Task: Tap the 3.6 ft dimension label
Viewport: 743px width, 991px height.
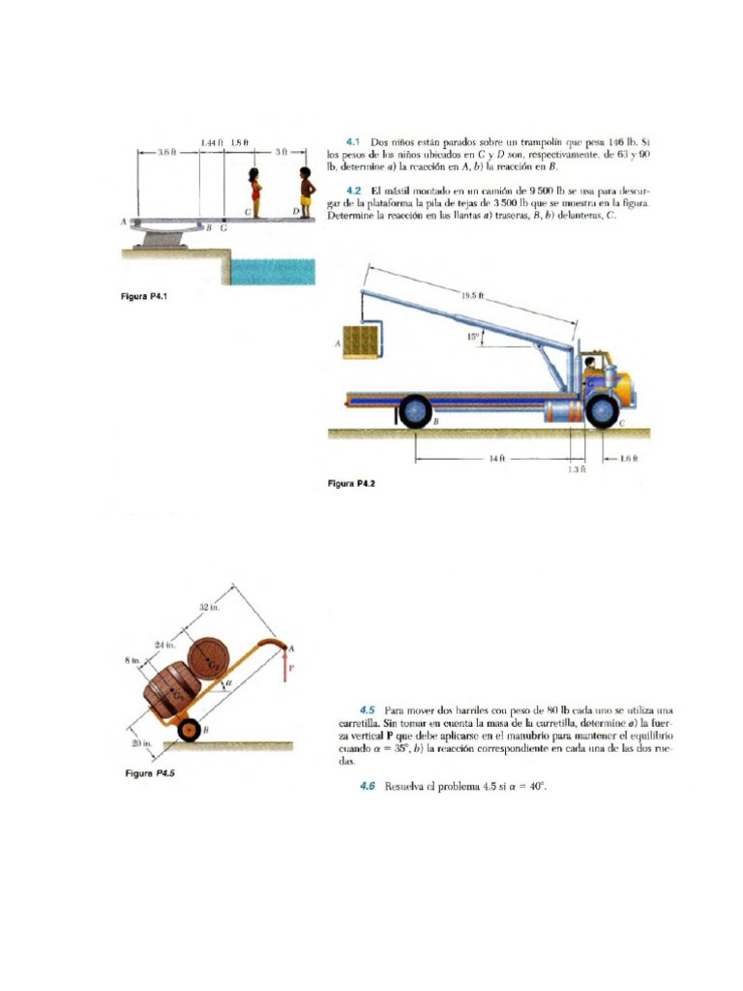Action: coord(166,152)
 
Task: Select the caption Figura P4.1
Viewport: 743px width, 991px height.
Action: coord(142,297)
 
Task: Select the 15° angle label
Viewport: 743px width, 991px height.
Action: coord(472,337)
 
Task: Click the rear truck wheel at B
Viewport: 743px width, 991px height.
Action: coord(416,412)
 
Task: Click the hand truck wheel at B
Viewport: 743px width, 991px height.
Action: coord(190,731)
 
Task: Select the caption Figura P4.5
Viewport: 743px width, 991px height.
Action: coord(151,773)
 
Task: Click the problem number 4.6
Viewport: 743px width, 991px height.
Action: coord(367,786)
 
